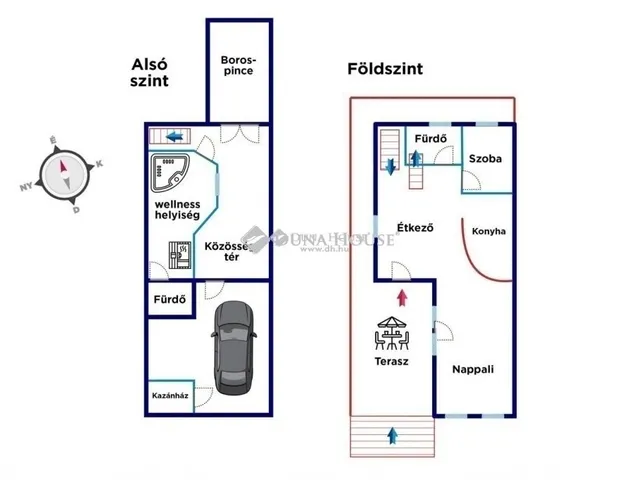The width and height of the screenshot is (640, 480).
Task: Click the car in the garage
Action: tap(233, 346)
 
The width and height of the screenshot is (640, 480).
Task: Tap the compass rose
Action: tap(66, 171)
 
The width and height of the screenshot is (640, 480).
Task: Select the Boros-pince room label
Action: tap(237, 65)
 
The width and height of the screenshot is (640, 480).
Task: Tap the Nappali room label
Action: tap(472, 369)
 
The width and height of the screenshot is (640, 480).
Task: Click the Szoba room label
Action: tap(485, 159)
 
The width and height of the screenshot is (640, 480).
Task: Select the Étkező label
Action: tap(414, 228)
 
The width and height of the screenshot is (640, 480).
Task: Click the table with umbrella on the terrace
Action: tap(391, 334)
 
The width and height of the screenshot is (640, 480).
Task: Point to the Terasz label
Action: tap(391, 362)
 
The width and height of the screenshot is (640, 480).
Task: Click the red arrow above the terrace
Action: tap(402, 296)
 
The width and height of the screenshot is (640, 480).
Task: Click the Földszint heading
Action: tap(385, 69)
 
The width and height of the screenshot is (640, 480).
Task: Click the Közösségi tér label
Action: tap(227, 250)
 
